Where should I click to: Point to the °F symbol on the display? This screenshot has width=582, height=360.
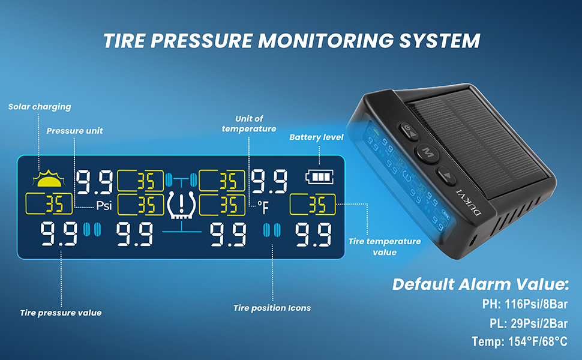click(x=263, y=207)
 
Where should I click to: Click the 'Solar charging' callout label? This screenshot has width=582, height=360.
click(x=40, y=107)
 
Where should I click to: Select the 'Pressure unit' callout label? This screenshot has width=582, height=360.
click(x=74, y=130)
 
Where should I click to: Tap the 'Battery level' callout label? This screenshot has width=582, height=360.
click(x=316, y=137)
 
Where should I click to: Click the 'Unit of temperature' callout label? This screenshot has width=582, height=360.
click(x=248, y=124)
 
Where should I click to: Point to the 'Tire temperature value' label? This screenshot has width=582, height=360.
click(x=385, y=247)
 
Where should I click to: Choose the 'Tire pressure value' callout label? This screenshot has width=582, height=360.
click(x=61, y=313)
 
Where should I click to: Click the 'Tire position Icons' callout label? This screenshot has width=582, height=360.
click(x=272, y=308)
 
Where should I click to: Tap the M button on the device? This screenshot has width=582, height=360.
click(x=427, y=151)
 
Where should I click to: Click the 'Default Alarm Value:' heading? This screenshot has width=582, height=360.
click(x=481, y=284)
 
